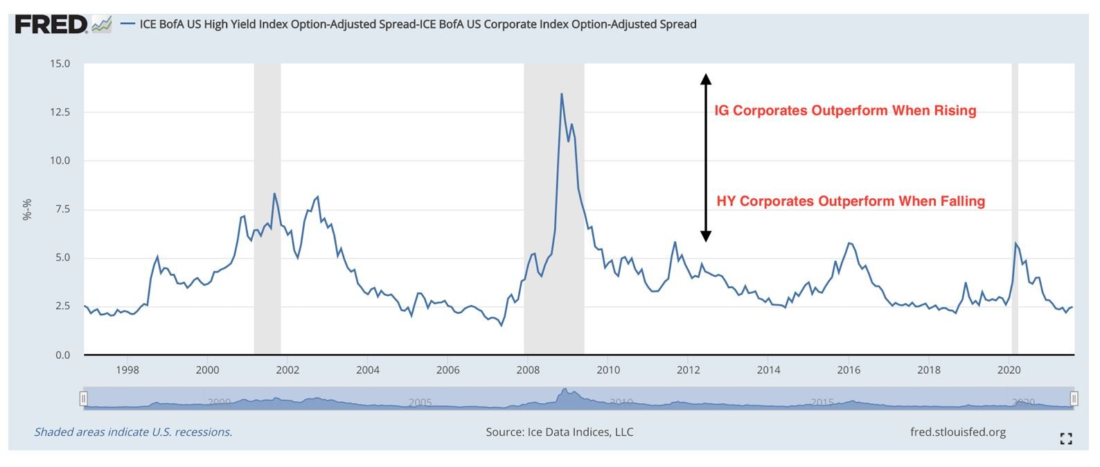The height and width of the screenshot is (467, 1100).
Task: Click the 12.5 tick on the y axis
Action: [60, 112]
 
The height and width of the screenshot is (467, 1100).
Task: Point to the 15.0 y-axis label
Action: [60, 64]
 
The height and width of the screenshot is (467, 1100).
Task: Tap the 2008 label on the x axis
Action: [528, 370]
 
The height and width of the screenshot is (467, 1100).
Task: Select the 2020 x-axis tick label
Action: [1009, 370]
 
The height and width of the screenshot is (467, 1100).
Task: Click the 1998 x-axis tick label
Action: [127, 370]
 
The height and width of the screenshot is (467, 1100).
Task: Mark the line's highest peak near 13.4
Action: [561, 94]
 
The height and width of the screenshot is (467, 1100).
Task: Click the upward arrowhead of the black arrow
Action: [705, 78]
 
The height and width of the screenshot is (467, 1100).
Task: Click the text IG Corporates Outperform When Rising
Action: [845, 111]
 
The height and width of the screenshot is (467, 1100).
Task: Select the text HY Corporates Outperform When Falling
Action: [850, 202]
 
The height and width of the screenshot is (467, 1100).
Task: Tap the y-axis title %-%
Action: [27, 209]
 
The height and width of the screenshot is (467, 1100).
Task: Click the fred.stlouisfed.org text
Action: [957, 432]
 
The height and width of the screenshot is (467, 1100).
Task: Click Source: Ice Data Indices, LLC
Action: [559, 432]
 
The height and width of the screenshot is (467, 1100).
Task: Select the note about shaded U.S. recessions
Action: [133, 432]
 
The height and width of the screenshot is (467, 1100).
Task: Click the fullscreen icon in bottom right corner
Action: [1066, 439]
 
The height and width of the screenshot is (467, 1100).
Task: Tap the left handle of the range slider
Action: [83, 398]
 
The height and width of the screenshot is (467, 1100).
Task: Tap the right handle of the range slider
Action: [1074, 398]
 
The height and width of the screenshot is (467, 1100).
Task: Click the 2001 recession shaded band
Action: [267, 208]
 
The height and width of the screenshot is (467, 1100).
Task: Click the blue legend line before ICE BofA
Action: [127, 24]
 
